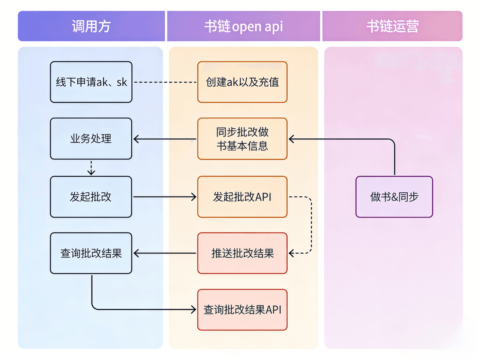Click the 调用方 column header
91,26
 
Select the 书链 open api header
243,26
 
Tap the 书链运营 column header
392,26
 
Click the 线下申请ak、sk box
91,82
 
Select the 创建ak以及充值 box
242,82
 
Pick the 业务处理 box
91,139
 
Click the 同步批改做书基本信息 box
242,139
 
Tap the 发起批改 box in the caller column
91,197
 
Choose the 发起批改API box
242,197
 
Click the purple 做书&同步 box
394,197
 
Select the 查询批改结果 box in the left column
91,253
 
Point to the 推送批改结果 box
242,253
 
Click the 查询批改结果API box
242,310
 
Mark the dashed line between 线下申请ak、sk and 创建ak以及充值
165,82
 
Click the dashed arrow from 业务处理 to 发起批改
91,168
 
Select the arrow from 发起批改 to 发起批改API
165,197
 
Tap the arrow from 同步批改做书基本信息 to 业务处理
165,139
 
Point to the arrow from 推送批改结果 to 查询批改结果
165,253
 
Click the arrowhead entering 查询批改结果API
193,309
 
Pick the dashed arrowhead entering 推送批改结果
292,253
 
